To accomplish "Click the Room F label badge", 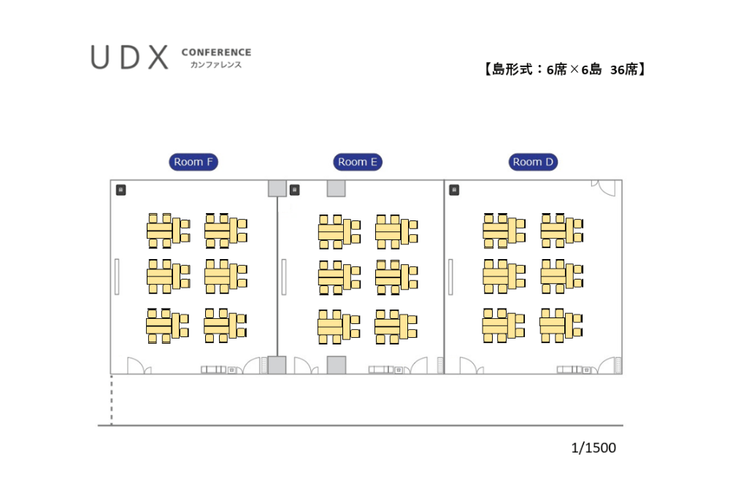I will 193,162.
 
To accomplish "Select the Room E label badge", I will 358,162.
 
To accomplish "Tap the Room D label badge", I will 533,162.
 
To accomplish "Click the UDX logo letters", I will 130,58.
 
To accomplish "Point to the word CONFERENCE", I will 216,53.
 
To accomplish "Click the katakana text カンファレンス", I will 215,65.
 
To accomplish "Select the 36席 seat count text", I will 626,70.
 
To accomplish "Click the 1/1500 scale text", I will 593,447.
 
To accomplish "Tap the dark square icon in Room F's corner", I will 121,190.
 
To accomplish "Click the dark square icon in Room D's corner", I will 454,190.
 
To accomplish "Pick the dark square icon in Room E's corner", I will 294,190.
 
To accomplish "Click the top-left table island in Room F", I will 168,230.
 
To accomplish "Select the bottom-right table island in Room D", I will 561,325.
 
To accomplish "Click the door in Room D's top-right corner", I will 607,188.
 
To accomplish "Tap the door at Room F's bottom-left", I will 137,366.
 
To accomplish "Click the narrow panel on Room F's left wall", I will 116,277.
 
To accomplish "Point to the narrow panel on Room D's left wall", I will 450,277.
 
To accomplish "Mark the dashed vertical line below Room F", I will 112,399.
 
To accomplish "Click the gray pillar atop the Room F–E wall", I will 277,188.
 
